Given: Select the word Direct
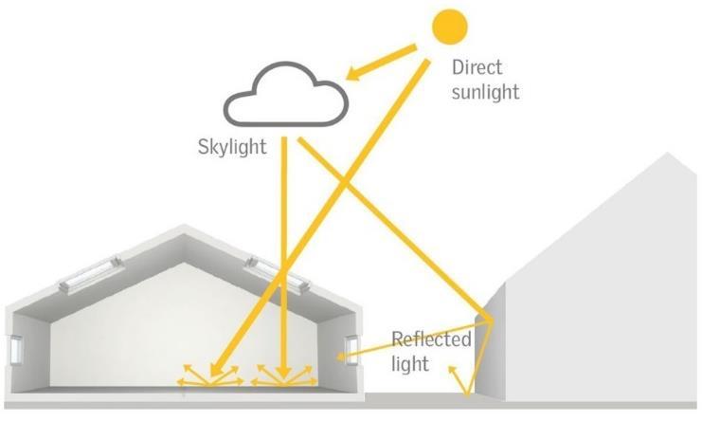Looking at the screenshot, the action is click(x=477, y=68).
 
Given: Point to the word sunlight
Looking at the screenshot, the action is click(x=486, y=92).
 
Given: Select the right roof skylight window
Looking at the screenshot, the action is click(x=279, y=272).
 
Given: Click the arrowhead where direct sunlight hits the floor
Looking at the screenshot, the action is click(x=215, y=372).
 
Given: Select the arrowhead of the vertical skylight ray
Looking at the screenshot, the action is click(x=285, y=371).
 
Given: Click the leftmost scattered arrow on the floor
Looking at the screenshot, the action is click(x=183, y=381).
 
